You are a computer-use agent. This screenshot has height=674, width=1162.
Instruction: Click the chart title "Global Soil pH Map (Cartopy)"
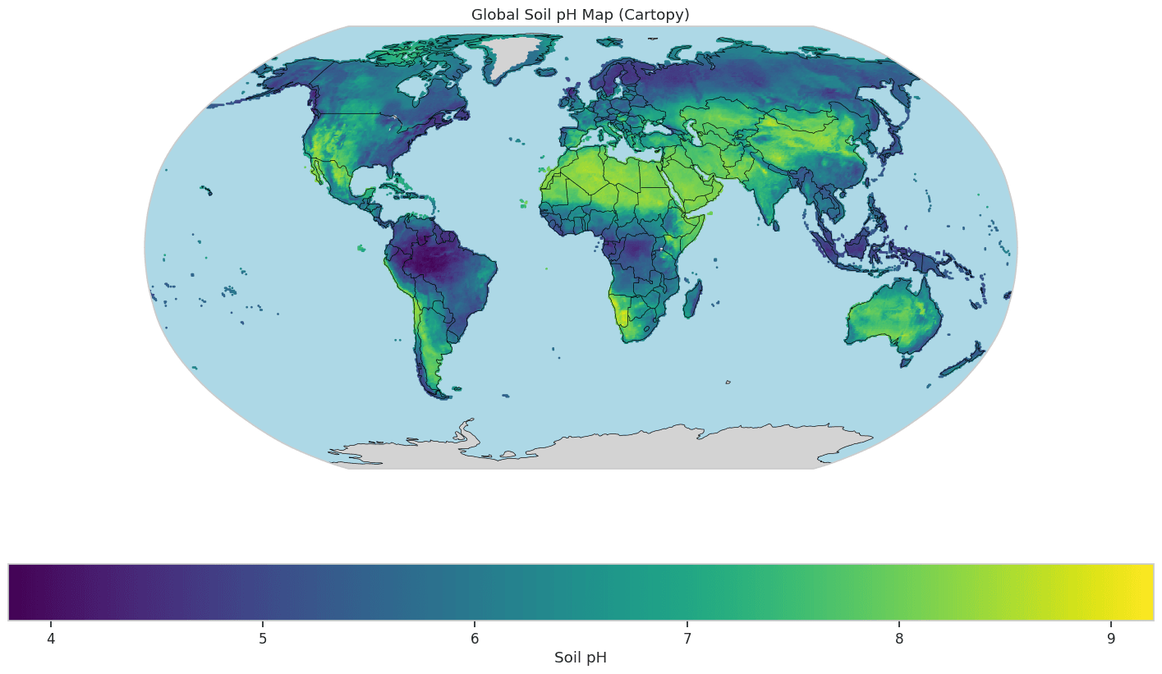tap(580, 15)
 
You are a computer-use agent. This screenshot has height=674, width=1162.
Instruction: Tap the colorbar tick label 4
tap(51, 638)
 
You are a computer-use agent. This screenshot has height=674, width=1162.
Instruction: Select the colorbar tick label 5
tap(263, 638)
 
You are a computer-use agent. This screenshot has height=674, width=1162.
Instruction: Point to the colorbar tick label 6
tap(475, 638)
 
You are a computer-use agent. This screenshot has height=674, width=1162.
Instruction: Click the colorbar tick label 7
tap(687, 638)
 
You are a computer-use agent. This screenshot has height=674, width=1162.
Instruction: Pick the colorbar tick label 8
tap(899, 638)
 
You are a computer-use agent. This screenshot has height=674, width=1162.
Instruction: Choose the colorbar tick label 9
tap(1111, 638)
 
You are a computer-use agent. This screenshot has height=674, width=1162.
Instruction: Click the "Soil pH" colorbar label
tap(580, 658)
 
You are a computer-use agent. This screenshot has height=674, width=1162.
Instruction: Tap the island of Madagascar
tap(692, 299)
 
